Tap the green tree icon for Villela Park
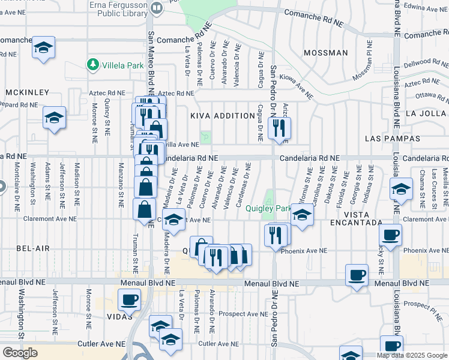(x=92, y=64)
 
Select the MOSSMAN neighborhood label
(x=325, y=53)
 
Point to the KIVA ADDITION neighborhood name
(x=223, y=116)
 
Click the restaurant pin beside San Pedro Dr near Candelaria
(x=279, y=128)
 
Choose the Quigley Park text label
(x=268, y=209)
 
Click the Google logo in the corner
(x=20, y=353)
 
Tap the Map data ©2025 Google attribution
(x=412, y=355)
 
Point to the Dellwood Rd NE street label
(x=424, y=62)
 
